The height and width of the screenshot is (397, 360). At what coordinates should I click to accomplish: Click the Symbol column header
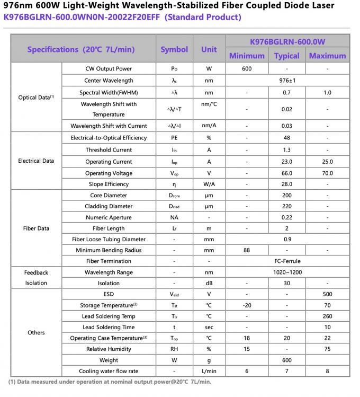point(174,49)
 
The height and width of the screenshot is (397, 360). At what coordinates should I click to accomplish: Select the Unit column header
point(209,49)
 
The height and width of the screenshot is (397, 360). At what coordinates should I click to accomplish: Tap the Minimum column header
point(247,56)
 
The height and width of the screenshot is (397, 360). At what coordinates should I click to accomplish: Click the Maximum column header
point(327,56)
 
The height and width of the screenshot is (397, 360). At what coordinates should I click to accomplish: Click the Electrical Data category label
point(36,161)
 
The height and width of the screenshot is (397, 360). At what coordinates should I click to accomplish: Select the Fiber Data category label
point(36,228)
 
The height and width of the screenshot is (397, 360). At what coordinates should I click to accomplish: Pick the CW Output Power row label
point(109,69)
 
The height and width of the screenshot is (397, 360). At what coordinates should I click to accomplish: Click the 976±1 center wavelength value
point(287,81)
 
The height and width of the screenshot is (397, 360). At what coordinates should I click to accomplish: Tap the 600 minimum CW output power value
point(247,69)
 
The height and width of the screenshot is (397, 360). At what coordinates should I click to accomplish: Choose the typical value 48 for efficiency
point(286,138)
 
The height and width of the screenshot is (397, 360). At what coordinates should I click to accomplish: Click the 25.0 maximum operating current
point(327,162)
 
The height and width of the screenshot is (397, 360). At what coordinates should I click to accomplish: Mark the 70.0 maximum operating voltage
point(327,173)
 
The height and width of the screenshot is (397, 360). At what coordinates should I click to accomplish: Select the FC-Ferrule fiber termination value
point(287,261)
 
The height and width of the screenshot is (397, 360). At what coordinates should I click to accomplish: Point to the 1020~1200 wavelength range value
point(287,272)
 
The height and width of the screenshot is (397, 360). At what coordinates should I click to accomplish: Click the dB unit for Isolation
point(209,284)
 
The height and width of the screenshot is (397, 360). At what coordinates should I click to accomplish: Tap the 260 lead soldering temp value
point(327,316)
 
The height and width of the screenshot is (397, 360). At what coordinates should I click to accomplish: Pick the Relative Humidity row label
point(109,349)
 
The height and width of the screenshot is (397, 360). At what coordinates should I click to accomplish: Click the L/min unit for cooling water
point(209,371)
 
